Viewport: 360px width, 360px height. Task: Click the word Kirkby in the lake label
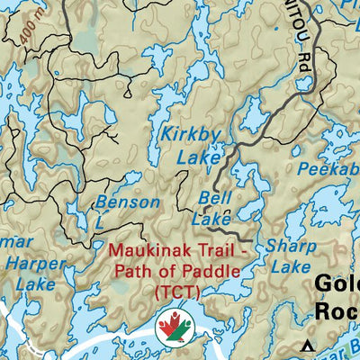[x=191, y=134]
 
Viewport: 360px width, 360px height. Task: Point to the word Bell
[x=216, y=196]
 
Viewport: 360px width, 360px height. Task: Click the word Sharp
[x=292, y=246]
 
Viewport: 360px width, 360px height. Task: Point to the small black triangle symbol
[x=309, y=346]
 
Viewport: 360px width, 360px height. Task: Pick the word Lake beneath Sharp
[x=291, y=266]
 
